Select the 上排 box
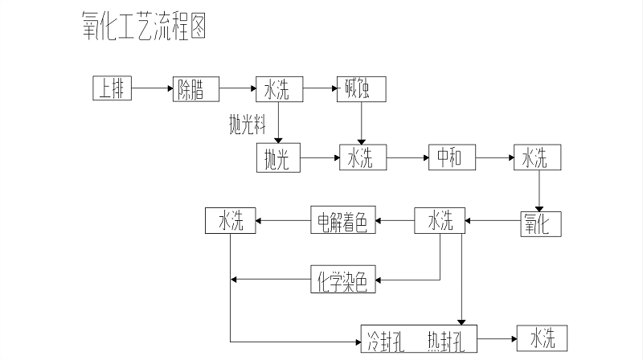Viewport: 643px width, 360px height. (x=112, y=89)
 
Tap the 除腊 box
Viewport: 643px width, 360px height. (x=197, y=89)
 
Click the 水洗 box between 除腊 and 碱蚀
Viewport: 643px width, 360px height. (x=279, y=89)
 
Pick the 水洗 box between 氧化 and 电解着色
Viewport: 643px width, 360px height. (x=440, y=221)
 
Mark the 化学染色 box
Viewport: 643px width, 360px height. (x=343, y=280)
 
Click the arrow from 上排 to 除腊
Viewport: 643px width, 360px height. (x=153, y=88)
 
